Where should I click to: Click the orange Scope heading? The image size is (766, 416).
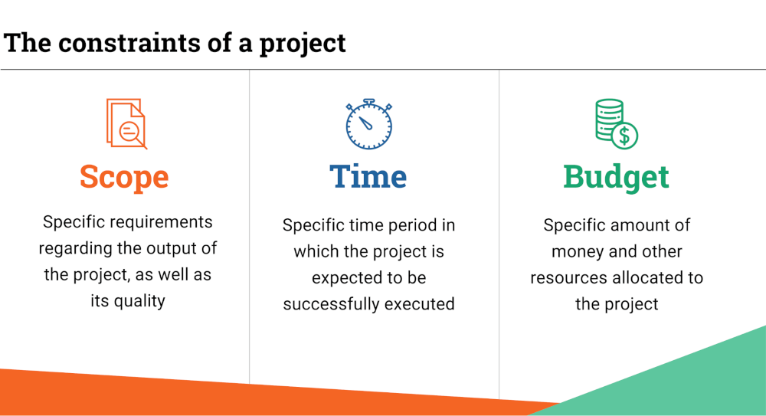coord(124,177)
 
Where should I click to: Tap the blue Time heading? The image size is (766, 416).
coord(368,177)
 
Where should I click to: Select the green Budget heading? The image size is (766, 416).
coord(616,177)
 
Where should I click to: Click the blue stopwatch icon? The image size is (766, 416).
coord(368,124)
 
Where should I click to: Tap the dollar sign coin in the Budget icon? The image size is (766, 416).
coord(625,136)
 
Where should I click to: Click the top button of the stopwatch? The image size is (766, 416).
coord(368,101)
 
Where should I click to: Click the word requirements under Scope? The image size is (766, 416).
coord(160,222)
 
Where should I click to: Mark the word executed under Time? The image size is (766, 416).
coord(419,303)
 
